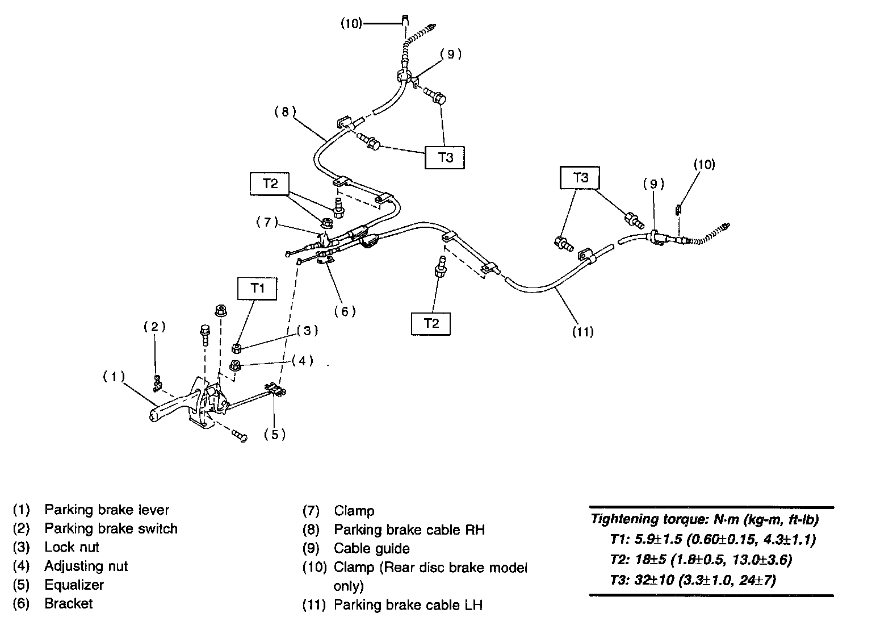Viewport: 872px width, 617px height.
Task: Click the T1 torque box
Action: coord(258,288)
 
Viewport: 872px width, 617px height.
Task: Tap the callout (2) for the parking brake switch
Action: coord(154,326)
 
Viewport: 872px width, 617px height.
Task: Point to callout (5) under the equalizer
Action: coord(274,434)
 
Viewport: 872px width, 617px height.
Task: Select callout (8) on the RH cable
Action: coord(285,112)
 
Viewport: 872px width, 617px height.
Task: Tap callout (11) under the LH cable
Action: coord(583,331)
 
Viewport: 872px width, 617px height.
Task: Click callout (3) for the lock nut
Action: coord(307,331)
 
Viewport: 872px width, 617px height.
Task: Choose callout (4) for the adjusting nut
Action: coord(302,360)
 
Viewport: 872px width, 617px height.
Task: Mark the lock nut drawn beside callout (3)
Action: coord(238,348)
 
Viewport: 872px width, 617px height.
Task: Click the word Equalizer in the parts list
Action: coord(74,585)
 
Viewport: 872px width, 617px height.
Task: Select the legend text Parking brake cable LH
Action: coord(408,605)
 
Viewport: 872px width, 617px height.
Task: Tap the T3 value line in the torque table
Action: coord(693,580)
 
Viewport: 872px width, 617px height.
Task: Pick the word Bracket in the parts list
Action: coord(68,603)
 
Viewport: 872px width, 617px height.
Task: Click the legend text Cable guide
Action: coord(371,548)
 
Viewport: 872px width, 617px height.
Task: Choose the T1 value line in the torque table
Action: coord(712,539)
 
